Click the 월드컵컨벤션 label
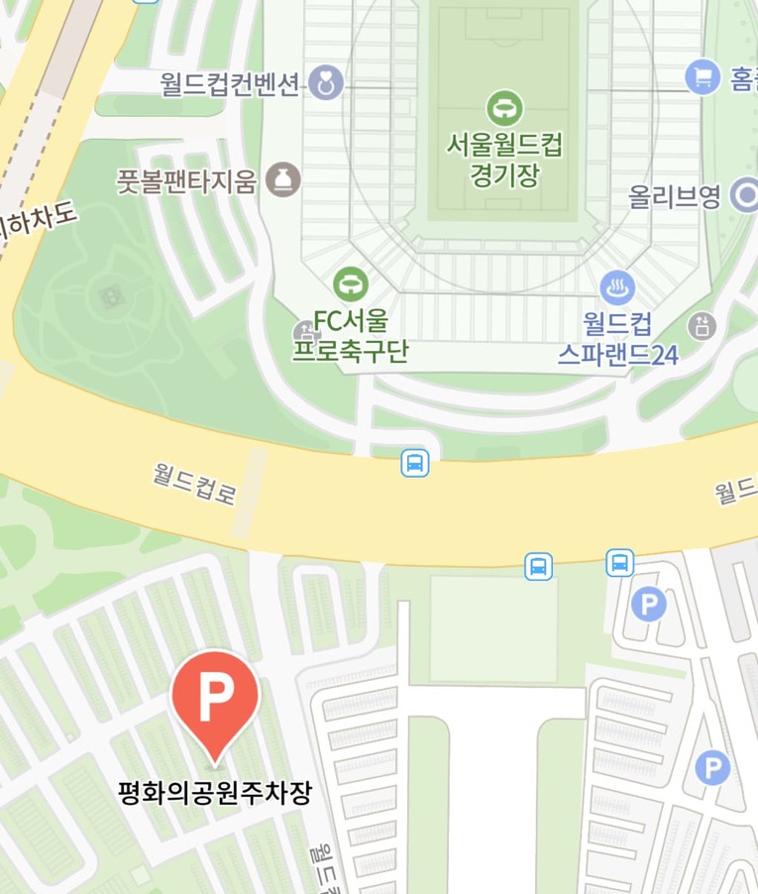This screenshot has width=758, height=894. click(x=230, y=84)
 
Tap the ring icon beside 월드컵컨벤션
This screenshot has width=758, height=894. click(x=325, y=84)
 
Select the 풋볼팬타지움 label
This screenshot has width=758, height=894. click(x=187, y=181)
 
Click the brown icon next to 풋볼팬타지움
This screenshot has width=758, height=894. click(x=283, y=180)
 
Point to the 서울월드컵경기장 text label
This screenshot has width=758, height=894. click(x=504, y=161)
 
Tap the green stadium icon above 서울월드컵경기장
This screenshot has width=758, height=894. click(x=504, y=108)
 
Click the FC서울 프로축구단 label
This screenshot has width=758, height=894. click(x=350, y=336)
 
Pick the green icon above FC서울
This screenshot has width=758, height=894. click(x=350, y=285)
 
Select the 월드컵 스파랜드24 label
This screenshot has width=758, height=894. click(x=618, y=338)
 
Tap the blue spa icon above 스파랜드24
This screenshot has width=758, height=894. click(x=618, y=287)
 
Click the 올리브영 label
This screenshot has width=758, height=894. click(x=675, y=197)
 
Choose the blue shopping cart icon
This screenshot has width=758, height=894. click(x=703, y=75)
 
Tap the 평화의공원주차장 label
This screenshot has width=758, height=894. click(x=215, y=793)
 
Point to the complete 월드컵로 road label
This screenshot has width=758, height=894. click(x=194, y=482)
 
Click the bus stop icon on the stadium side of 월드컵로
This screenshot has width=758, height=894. click(x=415, y=463)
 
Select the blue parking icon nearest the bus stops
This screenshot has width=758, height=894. click(x=648, y=604)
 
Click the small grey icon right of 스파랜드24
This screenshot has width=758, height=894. click(x=703, y=324)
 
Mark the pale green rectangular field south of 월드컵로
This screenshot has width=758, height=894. click(x=492, y=629)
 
